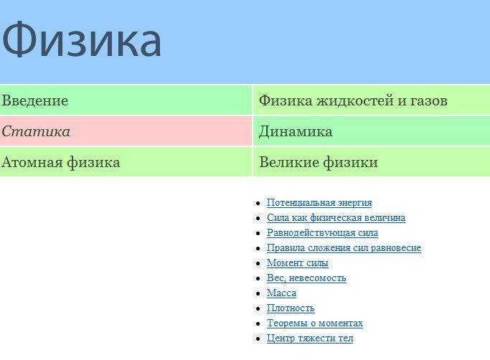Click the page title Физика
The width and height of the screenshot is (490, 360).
(82, 39)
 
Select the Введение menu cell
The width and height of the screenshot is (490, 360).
(126, 100)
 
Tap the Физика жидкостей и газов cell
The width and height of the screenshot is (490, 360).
(372, 100)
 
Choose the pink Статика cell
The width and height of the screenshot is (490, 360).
(126, 131)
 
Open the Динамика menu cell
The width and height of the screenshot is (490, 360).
(372, 131)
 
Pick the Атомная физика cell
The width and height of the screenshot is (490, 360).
(126, 162)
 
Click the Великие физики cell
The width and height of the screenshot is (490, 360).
(372, 162)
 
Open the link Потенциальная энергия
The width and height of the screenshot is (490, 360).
(319, 203)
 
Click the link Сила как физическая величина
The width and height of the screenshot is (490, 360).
(336, 218)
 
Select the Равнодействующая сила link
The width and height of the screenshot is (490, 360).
(323, 233)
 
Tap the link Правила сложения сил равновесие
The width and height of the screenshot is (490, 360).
(344, 248)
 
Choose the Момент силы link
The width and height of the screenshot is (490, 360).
(298, 262)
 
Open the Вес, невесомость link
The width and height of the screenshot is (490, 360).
(306, 278)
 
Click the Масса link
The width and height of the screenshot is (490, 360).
(281, 293)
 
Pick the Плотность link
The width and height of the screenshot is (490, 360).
(291, 308)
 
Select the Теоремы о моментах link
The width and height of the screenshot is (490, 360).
(315, 323)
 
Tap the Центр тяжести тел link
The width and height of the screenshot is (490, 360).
(310, 338)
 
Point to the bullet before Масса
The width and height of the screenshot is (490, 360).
(258, 294)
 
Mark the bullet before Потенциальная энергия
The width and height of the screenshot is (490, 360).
(258, 204)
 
